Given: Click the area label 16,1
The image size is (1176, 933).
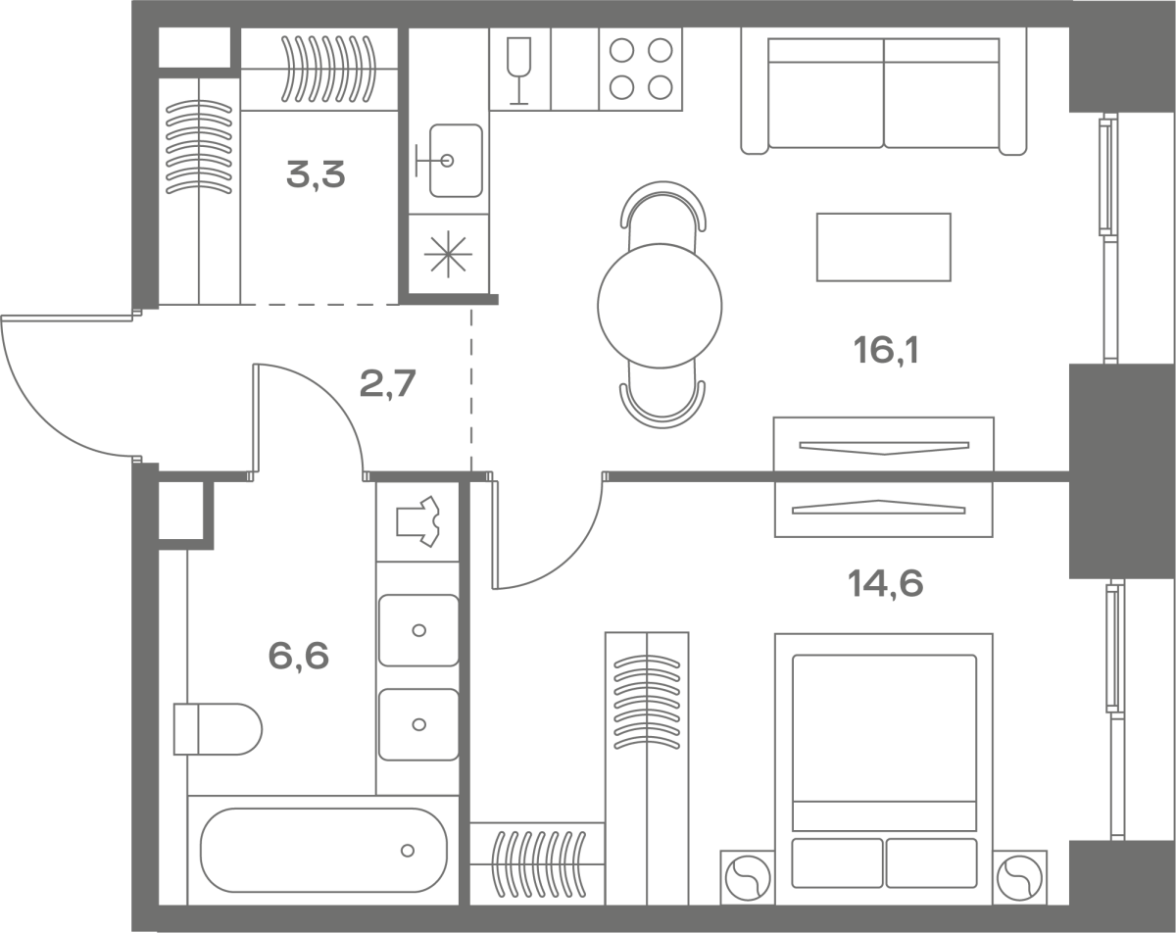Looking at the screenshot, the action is click(x=886, y=350).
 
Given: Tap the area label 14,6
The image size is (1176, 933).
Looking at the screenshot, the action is click(x=885, y=583).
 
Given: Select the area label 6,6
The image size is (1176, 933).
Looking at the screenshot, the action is click(x=298, y=656).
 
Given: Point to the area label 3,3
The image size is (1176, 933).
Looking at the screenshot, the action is click(x=316, y=174).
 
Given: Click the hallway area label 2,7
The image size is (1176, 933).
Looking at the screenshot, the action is click(x=387, y=383).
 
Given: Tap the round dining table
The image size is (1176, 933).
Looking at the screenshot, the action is click(x=660, y=306).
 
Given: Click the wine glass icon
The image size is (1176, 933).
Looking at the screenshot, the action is click(x=518, y=70).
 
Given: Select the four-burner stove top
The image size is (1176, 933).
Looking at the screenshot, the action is click(x=641, y=69).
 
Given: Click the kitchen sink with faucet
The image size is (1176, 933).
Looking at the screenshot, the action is click(x=449, y=160).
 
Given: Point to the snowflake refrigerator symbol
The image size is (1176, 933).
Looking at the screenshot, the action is click(x=448, y=254).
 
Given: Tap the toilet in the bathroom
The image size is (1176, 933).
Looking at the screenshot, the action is click(x=218, y=729).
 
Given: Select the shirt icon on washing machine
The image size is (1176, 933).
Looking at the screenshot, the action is click(x=418, y=521).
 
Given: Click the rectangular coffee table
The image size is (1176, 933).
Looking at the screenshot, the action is click(x=884, y=247).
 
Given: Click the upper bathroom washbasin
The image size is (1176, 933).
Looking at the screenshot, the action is click(x=418, y=630).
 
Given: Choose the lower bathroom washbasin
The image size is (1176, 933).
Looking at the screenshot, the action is click(x=418, y=724).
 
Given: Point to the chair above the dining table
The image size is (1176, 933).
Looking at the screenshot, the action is click(x=662, y=214).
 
